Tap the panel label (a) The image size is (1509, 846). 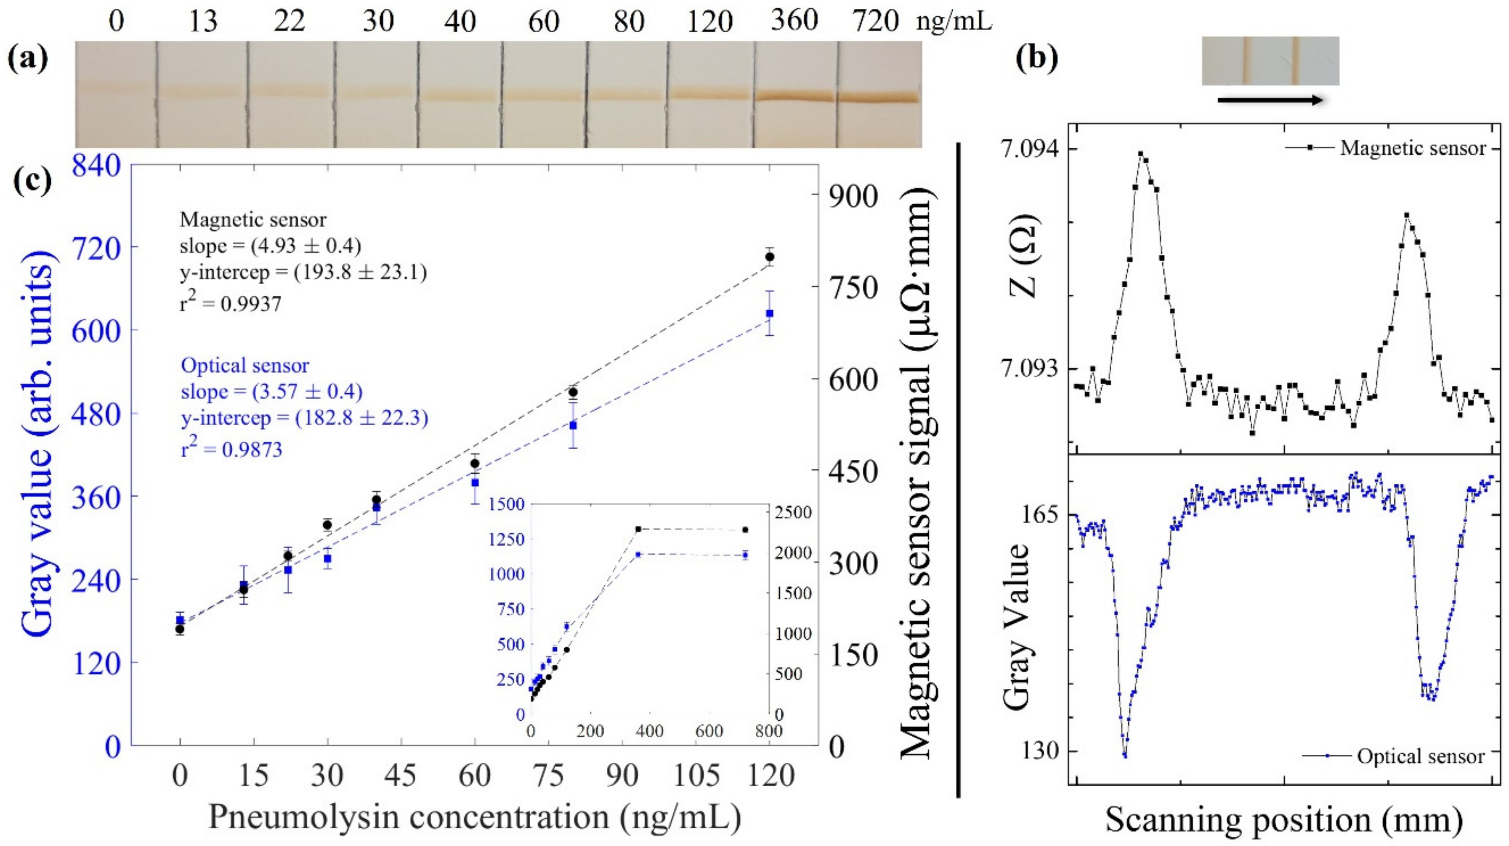tap(27, 60)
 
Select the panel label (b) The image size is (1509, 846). tap(1037, 60)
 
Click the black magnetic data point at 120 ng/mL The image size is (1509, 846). tap(770, 256)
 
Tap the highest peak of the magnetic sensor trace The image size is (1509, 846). tap(1141, 155)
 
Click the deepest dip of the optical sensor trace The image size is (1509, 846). tap(1125, 756)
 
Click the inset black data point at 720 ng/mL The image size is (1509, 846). tap(745, 530)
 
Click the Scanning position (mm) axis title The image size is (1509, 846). tap(1283, 820)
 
